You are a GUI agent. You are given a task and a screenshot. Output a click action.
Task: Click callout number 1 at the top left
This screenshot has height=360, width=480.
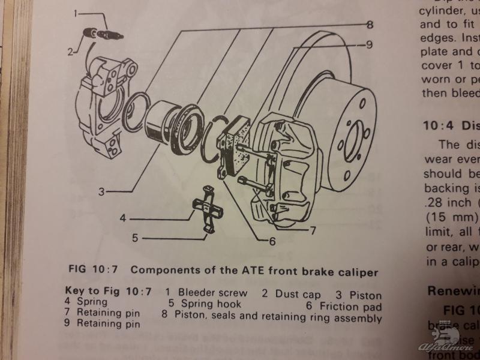76,13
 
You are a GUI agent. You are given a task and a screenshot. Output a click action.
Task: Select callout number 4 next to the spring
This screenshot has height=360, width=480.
123,218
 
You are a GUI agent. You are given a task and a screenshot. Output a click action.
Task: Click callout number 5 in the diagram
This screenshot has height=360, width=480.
136,238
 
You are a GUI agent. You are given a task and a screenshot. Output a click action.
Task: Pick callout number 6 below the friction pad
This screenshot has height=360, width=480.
272,242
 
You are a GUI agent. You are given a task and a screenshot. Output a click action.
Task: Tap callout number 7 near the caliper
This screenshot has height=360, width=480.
313,230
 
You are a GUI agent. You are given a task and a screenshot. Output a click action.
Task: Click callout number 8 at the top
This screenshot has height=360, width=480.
370,25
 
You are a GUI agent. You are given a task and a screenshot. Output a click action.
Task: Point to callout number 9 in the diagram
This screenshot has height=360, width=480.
370,44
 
